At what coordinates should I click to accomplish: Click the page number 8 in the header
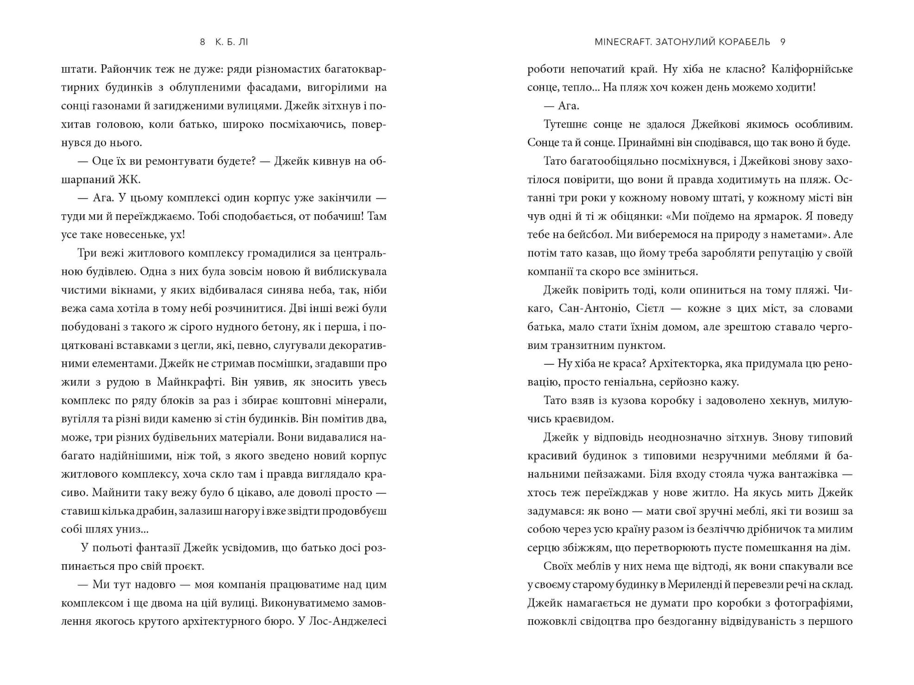tap(202, 42)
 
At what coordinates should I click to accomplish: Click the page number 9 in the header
tap(783, 42)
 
